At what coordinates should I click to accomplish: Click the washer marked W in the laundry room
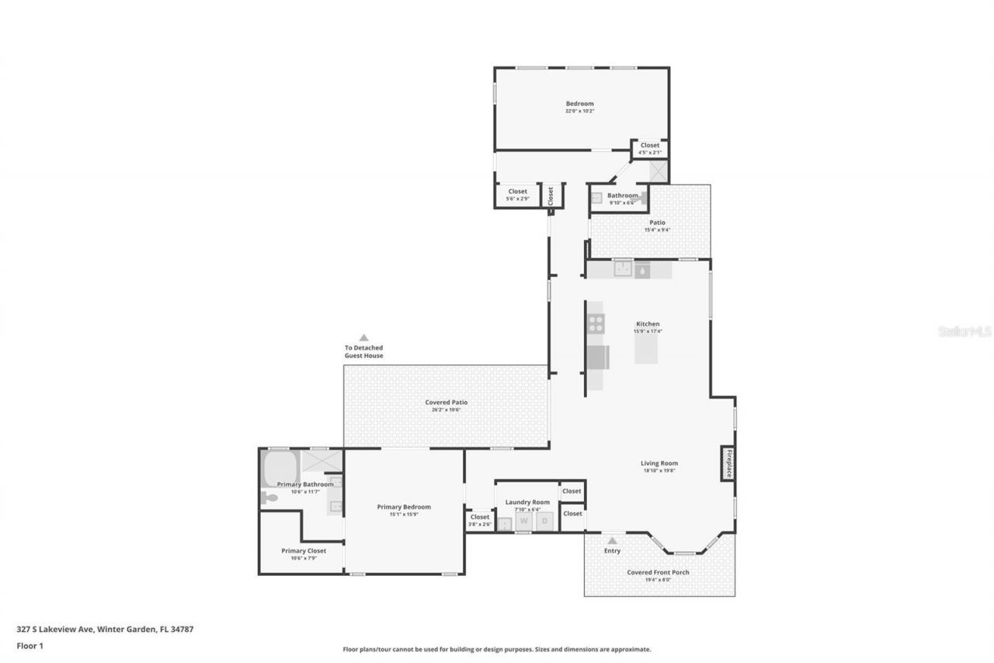click(523, 522)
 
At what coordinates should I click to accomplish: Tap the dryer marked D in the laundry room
click(545, 522)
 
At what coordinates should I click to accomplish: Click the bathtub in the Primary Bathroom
click(280, 469)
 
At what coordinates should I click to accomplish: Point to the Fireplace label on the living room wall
click(728, 463)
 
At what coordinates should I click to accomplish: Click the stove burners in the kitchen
click(596, 323)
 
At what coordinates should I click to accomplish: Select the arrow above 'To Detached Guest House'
click(363, 337)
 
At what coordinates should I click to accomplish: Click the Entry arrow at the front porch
click(612, 540)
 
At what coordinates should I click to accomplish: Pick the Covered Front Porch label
click(658, 572)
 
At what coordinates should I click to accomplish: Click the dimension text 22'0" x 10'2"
click(579, 111)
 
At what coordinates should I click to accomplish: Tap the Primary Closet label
click(304, 550)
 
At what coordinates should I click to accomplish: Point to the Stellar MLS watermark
click(964, 331)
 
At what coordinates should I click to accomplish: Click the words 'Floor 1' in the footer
click(30, 645)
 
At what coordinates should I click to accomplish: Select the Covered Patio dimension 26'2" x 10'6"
click(447, 410)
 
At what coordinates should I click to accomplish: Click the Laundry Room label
click(527, 502)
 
